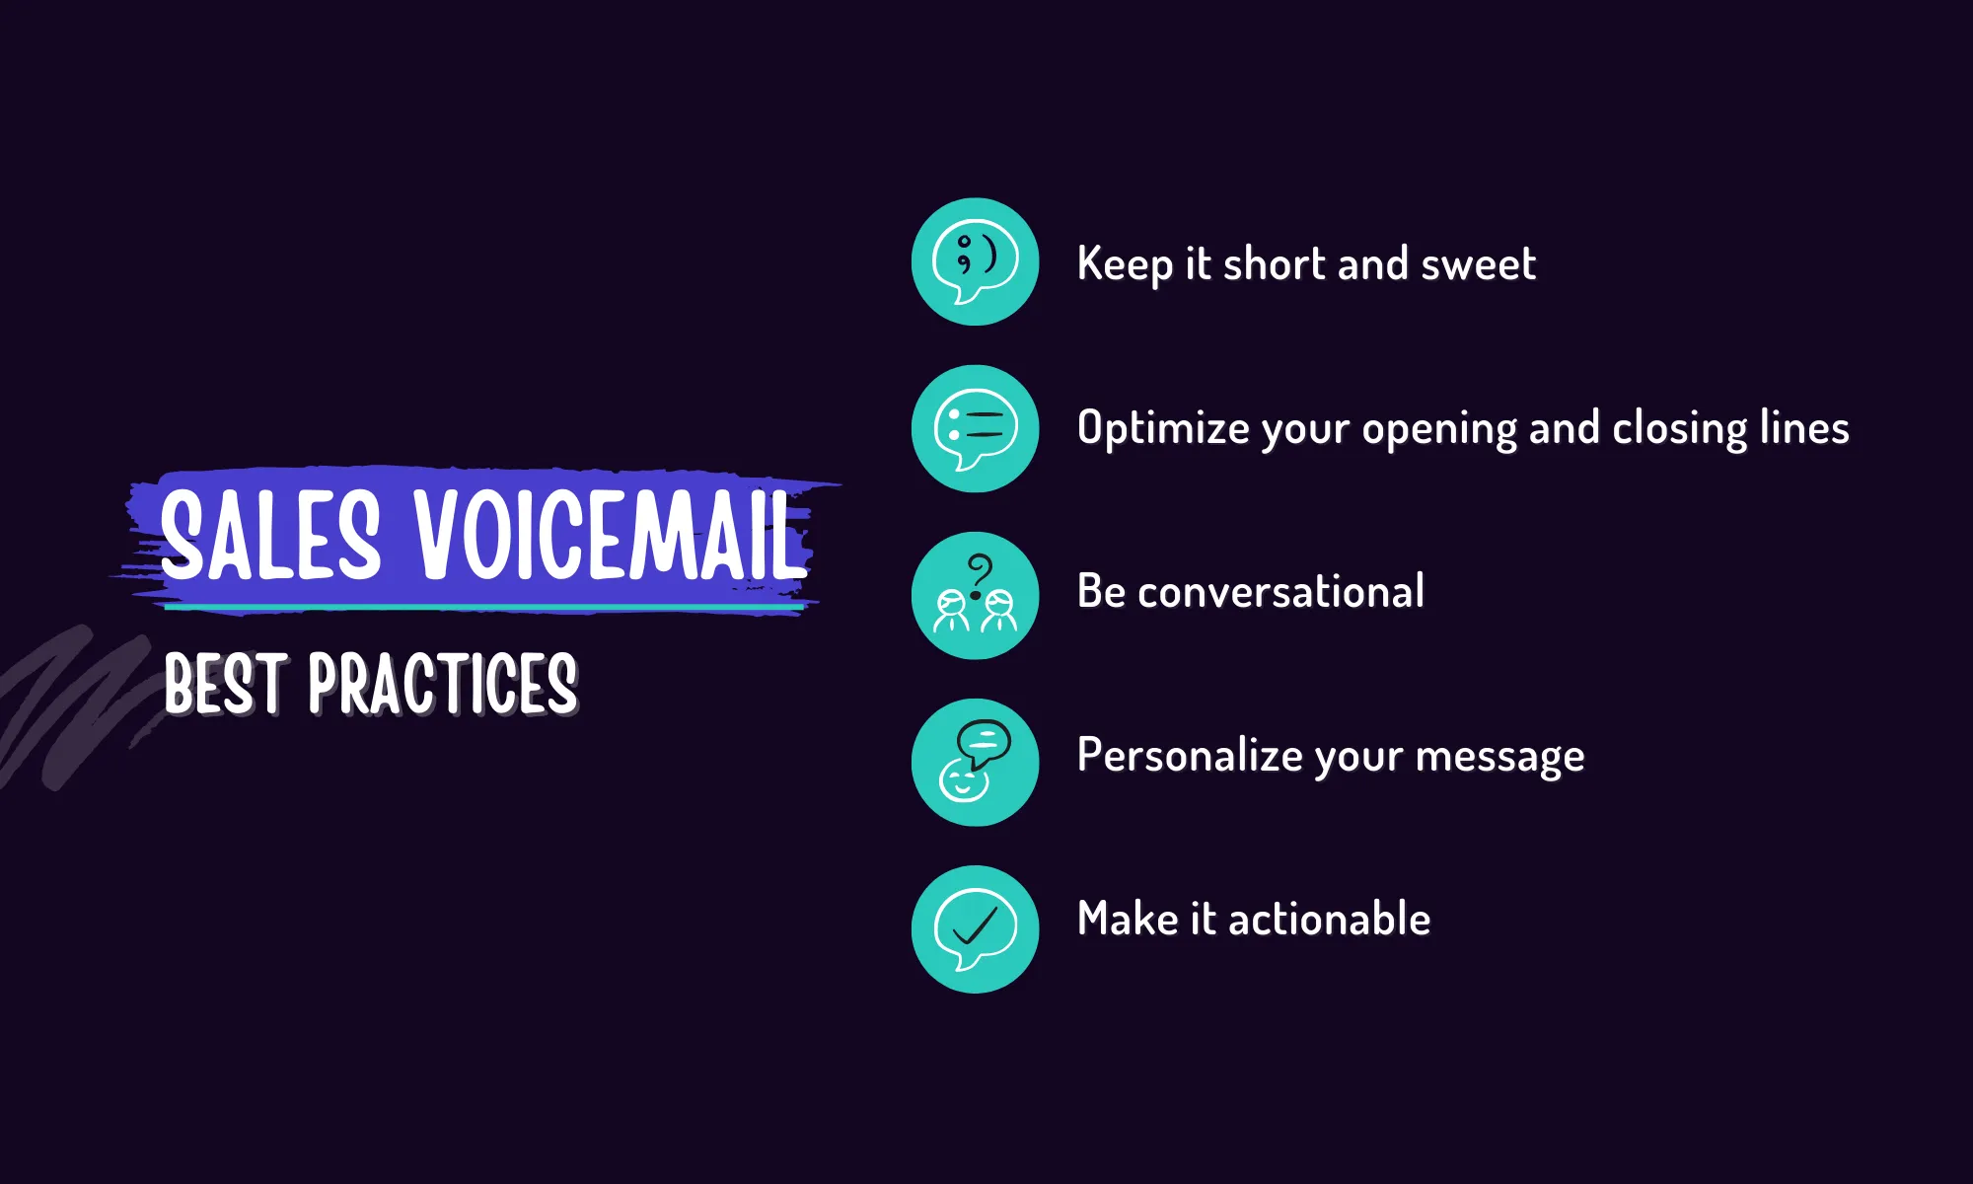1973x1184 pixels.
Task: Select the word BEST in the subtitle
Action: pyautogui.click(x=226, y=683)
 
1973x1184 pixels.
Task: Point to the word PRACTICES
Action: pyautogui.click(x=443, y=683)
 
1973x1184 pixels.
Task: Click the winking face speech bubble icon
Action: pyautogui.click(x=975, y=261)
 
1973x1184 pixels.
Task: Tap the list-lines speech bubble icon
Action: pyautogui.click(x=975, y=428)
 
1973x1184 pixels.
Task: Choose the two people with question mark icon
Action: pyautogui.click(x=975, y=596)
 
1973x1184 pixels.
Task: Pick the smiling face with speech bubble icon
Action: pyautogui.click(x=975, y=763)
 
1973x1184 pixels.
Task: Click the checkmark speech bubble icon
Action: pyautogui.click(x=975, y=929)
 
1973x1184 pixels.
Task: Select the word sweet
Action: pyautogui.click(x=1478, y=264)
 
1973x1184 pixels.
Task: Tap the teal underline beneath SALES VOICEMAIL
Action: pyautogui.click(x=483, y=608)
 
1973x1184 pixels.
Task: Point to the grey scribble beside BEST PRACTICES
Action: pyautogui.click(x=69, y=705)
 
